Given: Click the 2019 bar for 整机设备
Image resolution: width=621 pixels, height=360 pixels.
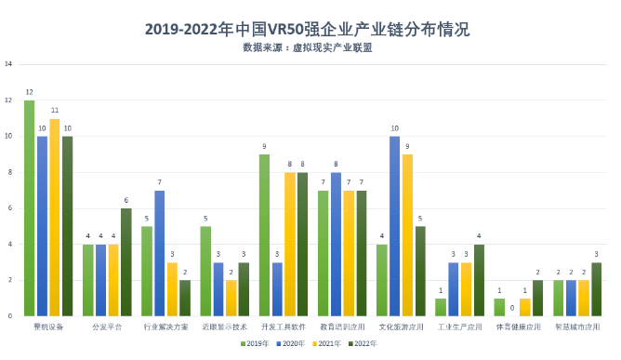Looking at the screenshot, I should click(30, 208).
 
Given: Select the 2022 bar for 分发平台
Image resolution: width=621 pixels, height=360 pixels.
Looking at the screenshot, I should click(126, 262).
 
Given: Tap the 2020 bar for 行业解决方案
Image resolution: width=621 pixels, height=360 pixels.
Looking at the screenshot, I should click(160, 253).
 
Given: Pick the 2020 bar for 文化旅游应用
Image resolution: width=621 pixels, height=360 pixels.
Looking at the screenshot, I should click(395, 226).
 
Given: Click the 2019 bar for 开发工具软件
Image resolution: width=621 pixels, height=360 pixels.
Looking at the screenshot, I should click(265, 235).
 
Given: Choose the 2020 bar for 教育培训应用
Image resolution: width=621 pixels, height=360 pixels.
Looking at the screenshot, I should click(337, 245).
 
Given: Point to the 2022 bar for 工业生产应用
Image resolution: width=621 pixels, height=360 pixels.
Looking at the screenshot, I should click(479, 280).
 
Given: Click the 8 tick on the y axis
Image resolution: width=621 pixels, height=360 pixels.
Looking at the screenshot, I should click(9, 172).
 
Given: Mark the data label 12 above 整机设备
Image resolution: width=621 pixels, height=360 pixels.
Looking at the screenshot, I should click(30, 92).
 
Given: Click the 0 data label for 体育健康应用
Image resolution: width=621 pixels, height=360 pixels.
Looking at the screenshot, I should click(512, 308).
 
